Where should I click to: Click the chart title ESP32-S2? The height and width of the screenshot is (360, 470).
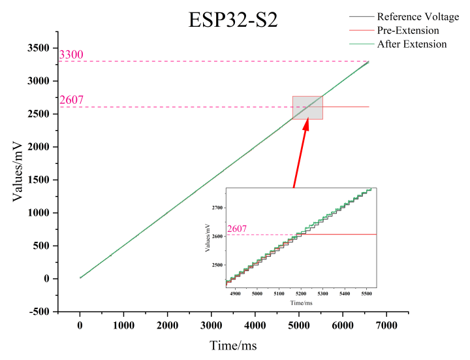[233, 20]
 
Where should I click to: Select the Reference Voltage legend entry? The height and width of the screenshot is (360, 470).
[418, 16]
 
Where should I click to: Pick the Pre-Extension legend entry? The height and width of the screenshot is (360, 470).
[408, 30]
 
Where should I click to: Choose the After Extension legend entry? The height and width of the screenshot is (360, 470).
[412, 44]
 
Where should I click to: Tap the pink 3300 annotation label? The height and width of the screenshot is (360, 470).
[71, 55]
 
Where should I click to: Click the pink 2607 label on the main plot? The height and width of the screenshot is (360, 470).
[71, 100]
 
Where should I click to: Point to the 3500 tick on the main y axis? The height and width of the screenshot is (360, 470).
[37, 48]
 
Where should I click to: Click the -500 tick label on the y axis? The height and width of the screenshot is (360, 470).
[38, 312]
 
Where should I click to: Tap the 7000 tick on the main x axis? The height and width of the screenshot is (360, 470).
[386, 325]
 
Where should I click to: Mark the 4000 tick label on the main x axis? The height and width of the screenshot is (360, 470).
[255, 325]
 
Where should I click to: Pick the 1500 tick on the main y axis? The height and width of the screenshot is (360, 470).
[37, 180]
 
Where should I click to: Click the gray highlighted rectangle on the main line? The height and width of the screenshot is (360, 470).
[307, 108]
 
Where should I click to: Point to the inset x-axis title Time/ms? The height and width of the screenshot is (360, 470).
[302, 304]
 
